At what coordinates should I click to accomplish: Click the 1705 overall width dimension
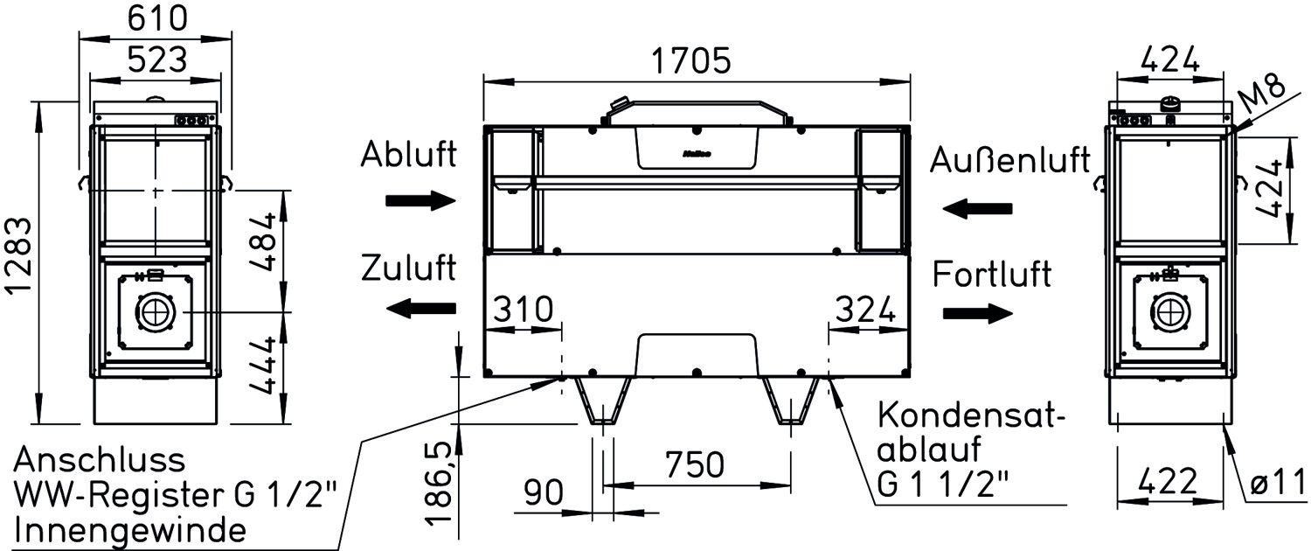pos(692,61)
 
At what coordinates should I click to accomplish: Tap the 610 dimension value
pos(157,17)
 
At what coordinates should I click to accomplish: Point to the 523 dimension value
pos(157,59)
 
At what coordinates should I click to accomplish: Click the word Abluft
pos(408,154)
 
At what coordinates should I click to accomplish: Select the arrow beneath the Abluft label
pos(420,201)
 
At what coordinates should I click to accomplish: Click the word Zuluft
pos(408,268)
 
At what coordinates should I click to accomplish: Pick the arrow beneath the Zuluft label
pos(420,308)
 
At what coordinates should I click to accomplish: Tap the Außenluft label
pos(1010,159)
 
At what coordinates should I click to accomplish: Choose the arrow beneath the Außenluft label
pos(977,208)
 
